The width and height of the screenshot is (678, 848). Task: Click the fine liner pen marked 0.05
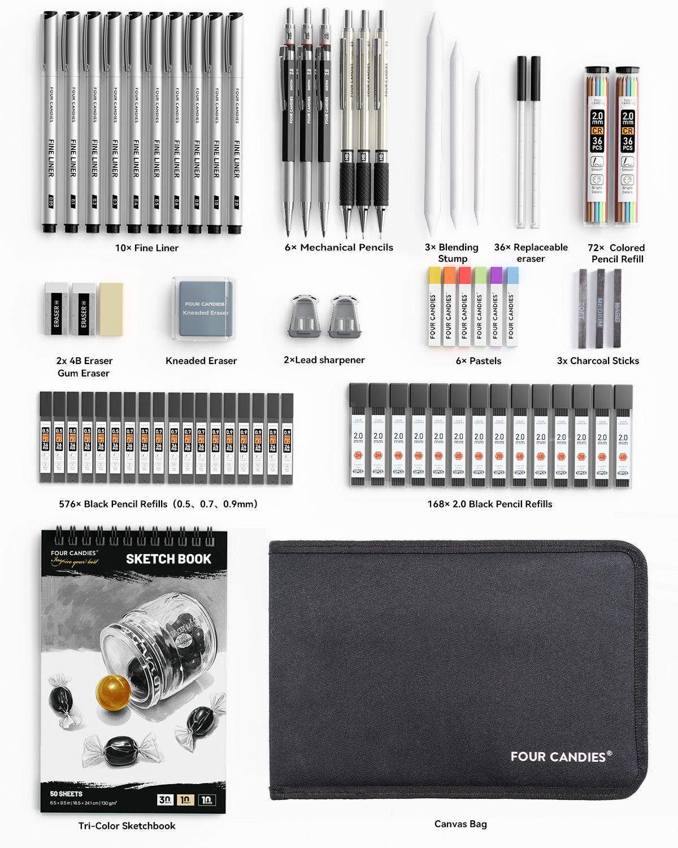50,124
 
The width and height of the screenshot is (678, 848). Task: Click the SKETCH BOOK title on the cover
168,559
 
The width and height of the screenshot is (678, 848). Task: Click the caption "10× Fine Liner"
147,248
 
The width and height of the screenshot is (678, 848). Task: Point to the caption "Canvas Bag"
460,824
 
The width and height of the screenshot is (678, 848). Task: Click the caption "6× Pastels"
478,361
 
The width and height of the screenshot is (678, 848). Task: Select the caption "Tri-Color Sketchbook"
127,825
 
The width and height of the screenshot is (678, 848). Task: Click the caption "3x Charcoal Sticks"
598,361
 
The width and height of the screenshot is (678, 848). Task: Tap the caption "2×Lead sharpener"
324,360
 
